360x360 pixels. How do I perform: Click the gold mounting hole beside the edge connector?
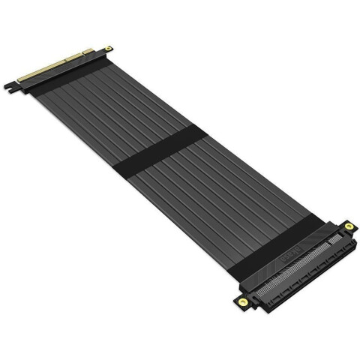pos(112,48)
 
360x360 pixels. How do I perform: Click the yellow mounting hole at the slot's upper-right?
pos(349,225)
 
